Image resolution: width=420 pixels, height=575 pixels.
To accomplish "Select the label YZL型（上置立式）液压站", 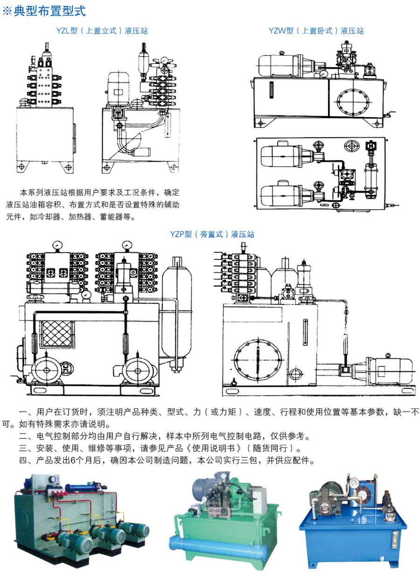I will coord(102,31).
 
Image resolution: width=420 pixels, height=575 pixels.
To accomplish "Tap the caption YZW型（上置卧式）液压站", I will coord(316,31).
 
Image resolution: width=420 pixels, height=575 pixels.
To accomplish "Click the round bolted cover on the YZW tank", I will coord(354,102).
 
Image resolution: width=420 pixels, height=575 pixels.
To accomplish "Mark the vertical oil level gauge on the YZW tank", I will coord(271,90).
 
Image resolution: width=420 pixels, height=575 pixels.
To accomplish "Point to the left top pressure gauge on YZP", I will coord(58,245).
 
